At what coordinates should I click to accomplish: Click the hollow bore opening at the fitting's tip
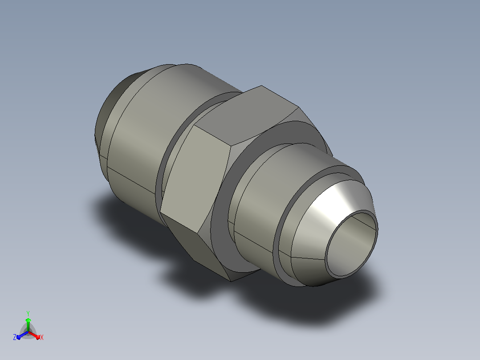click(351, 244)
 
